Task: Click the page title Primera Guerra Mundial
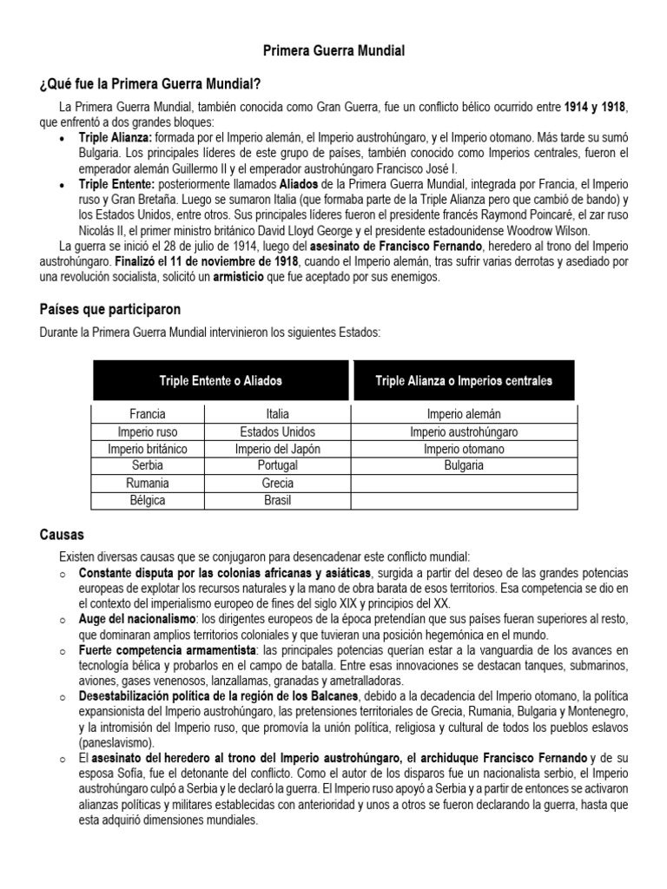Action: [x=333, y=52]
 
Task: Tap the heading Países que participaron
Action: [x=109, y=309]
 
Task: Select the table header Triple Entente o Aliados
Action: [x=221, y=380]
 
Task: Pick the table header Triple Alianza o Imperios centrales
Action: [x=464, y=380]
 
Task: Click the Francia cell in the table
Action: [x=147, y=414]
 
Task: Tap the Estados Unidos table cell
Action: [x=277, y=431]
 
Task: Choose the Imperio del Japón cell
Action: [x=277, y=449]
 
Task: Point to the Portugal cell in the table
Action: [x=277, y=465]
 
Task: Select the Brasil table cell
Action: [x=277, y=500]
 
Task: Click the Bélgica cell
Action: [x=147, y=500]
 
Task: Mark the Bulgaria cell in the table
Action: [x=464, y=465]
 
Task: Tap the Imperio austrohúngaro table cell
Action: [x=464, y=431]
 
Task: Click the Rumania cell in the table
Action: [x=147, y=483]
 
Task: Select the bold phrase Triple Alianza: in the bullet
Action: [x=116, y=138]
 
